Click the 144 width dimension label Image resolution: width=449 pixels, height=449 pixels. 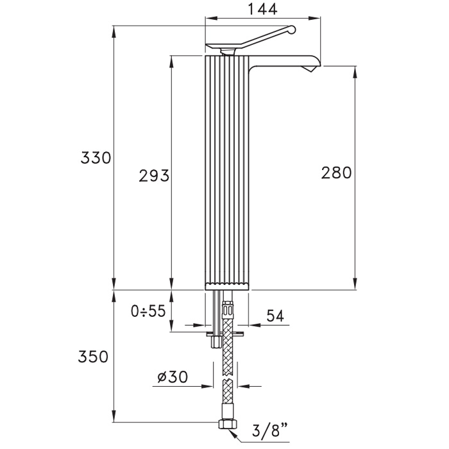(262, 9)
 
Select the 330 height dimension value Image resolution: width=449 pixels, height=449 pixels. (96, 158)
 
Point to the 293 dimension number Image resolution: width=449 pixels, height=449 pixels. (154, 176)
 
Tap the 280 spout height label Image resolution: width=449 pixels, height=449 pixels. (336, 173)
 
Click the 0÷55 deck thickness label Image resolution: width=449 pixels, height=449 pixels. (148, 310)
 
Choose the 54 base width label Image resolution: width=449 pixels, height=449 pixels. (275, 316)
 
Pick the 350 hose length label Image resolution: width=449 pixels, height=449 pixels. (94, 357)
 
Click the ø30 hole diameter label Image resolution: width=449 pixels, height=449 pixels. (173, 377)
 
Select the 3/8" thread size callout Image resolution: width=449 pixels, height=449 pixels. (270, 429)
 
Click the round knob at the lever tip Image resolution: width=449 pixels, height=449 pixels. (291, 30)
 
